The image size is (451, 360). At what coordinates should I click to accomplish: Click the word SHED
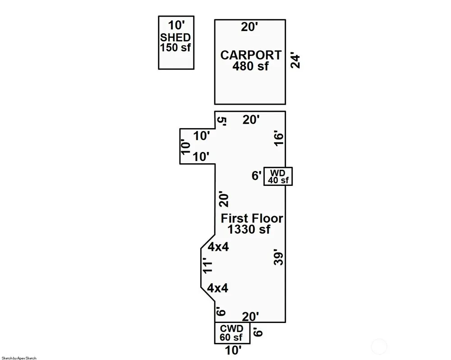click(x=175, y=37)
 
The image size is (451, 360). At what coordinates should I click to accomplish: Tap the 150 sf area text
click(x=175, y=47)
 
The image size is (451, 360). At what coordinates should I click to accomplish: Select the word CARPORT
click(x=250, y=55)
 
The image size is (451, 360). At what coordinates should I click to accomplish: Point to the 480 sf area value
click(x=250, y=66)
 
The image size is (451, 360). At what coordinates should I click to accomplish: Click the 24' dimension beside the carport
click(x=295, y=60)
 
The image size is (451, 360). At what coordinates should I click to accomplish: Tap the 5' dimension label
click(x=222, y=121)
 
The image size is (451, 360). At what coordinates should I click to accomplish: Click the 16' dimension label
click(x=279, y=138)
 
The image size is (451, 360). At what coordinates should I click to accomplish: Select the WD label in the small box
click(x=277, y=173)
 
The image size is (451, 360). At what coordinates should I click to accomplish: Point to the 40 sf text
click(x=278, y=180)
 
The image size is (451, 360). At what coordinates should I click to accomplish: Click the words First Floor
click(x=252, y=218)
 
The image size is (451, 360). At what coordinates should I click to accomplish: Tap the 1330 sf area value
click(x=249, y=229)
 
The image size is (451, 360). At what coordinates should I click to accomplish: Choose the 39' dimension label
click(x=279, y=257)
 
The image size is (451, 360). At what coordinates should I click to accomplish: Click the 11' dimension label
click(x=207, y=267)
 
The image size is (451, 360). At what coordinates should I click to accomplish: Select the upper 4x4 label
click(x=218, y=247)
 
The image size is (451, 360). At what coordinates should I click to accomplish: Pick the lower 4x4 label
click(x=218, y=288)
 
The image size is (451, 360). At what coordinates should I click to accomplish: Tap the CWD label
click(x=231, y=328)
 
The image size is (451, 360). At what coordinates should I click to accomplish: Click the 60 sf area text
click(x=231, y=337)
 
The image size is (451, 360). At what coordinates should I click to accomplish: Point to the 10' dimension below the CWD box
click(x=233, y=351)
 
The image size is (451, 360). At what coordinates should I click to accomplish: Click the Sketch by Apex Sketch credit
click(x=19, y=358)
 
